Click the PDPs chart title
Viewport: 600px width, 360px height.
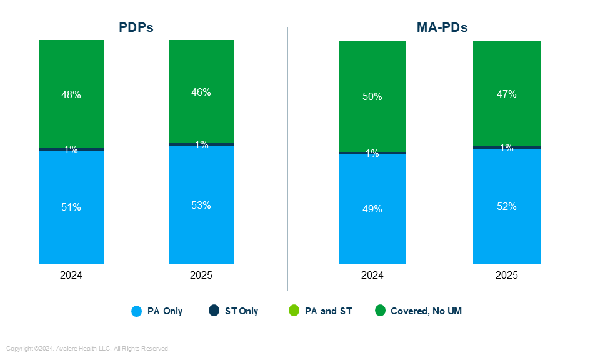point(136,27)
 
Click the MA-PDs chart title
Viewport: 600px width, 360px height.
point(442,27)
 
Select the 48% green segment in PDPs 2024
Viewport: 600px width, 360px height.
point(71,94)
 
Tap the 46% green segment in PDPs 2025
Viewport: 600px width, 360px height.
point(201,92)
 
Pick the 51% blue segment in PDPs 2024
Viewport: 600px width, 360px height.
point(71,207)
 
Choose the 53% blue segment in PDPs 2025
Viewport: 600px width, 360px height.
point(201,205)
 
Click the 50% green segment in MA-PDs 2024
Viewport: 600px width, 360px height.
point(372,96)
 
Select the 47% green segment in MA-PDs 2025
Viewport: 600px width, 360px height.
point(507,94)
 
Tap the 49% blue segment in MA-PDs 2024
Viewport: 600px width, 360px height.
point(372,209)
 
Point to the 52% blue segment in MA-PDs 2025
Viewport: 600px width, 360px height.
point(507,206)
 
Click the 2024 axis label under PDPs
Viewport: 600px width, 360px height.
point(71,276)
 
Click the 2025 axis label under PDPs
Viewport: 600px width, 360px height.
point(201,276)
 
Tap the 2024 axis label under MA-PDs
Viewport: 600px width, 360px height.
point(372,276)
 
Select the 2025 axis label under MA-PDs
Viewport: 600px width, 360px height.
point(507,276)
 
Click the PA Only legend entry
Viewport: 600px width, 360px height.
point(157,311)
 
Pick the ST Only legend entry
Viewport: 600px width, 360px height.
point(234,311)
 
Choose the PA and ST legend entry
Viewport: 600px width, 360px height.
point(321,311)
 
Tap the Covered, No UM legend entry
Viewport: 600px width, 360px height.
point(419,311)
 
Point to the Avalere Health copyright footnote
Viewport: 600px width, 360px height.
point(88,348)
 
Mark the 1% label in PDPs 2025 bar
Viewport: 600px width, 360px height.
point(201,144)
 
